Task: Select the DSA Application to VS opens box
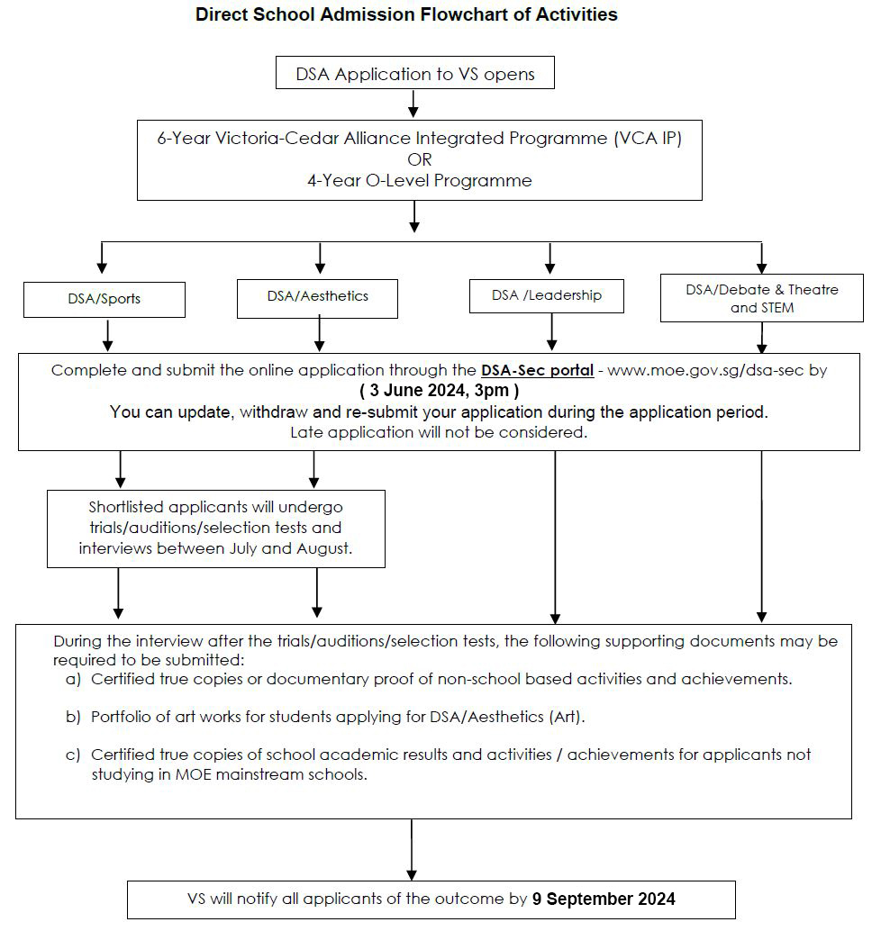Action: click(x=414, y=72)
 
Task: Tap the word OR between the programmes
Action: click(x=420, y=159)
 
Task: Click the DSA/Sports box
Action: click(x=104, y=299)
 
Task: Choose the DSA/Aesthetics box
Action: click(x=317, y=299)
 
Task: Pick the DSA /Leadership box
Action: click(x=547, y=295)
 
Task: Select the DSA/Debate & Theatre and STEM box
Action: click(x=761, y=298)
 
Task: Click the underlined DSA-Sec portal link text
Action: click(x=537, y=370)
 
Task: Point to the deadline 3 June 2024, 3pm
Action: click(x=439, y=391)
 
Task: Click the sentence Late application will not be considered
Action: click(x=439, y=432)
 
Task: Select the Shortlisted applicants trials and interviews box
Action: click(x=215, y=529)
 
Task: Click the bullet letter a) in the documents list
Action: click(x=73, y=679)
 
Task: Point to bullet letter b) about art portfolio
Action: click(x=73, y=717)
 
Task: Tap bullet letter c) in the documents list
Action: click(x=73, y=755)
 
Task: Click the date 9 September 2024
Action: click(x=604, y=899)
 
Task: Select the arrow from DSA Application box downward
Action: click(x=413, y=104)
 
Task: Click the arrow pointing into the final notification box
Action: click(x=411, y=850)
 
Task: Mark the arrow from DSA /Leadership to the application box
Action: click(x=551, y=332)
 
